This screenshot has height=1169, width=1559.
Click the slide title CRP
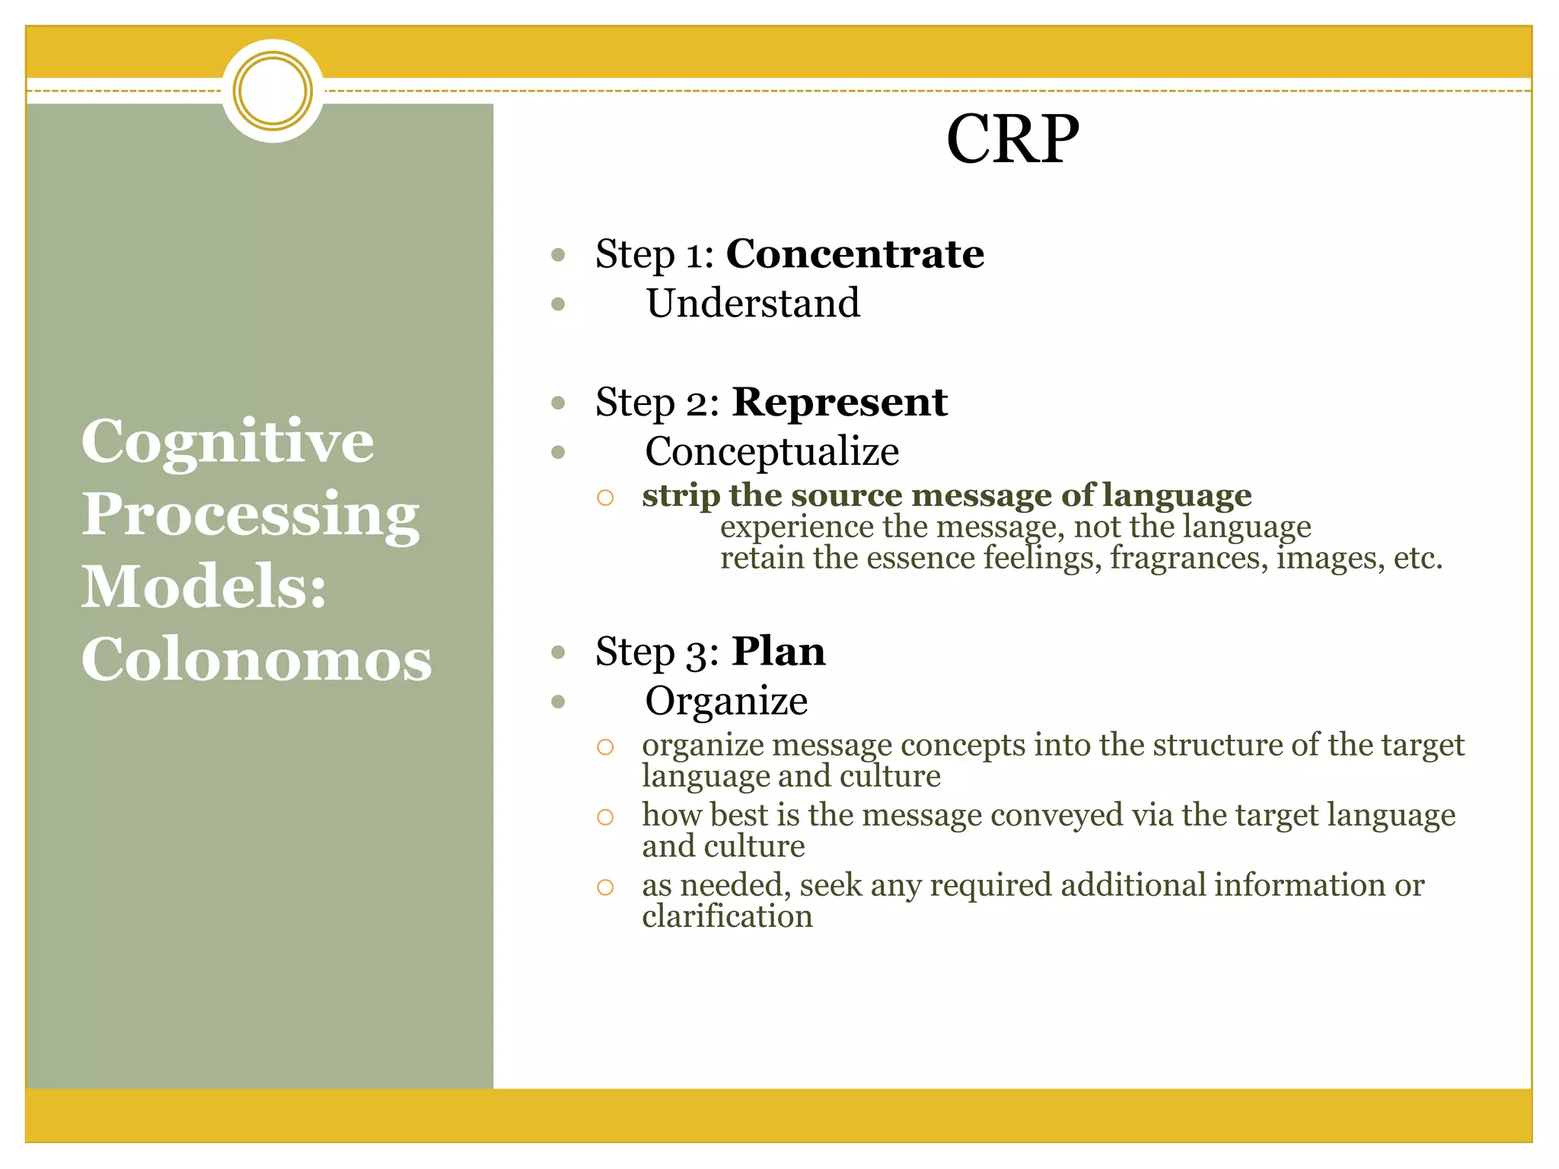[1012, 139]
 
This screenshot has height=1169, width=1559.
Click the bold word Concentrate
[855, 253]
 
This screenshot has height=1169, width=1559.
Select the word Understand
[753, 303]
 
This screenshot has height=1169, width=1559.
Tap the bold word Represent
[840, 402]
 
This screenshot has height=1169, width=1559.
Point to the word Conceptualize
[772, 451]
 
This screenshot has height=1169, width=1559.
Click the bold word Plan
[778, 651]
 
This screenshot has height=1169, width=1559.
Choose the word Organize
[726, 700]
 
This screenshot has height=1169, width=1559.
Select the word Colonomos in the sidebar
[257, 659]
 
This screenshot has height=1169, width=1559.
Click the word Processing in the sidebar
[250, 514]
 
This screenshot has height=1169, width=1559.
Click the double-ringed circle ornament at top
[273, 91]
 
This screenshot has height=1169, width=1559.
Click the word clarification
[727, 916]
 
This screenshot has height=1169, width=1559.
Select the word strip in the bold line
[681, 495]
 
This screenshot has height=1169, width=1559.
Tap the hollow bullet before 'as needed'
[605, 887]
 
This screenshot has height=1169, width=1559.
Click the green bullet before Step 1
[558, 255]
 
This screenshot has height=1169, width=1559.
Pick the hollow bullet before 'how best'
[605, 817]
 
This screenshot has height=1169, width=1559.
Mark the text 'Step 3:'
[657, 652]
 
